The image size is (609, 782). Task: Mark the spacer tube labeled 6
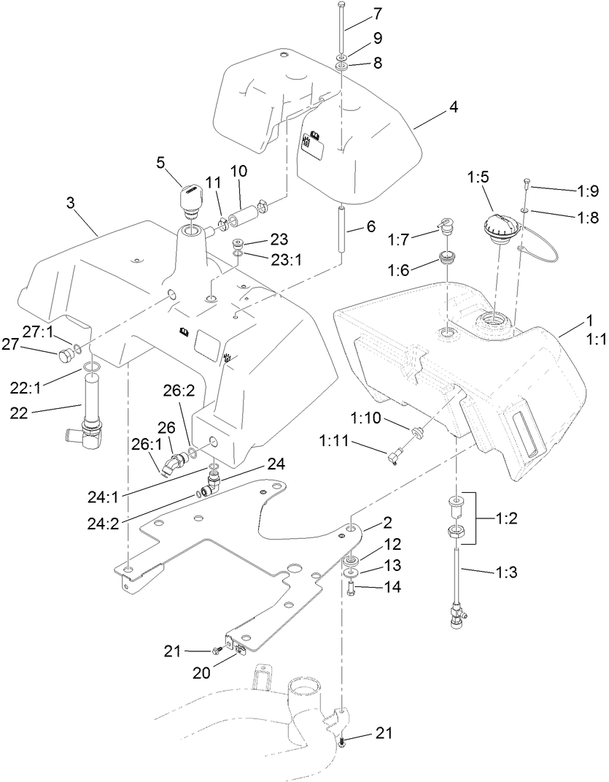point(341,228)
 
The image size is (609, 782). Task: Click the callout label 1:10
point(370,418)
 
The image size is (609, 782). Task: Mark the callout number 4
point(453,106)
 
